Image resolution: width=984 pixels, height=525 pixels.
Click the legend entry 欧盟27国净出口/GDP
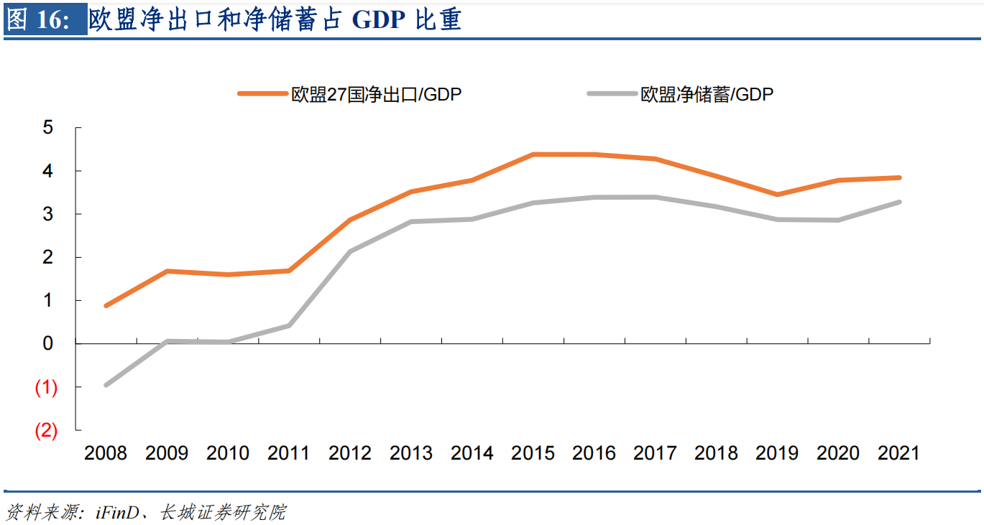pyautogui.click(x=376, y=95)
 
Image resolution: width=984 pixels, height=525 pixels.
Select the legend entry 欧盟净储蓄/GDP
pyautogui.click(x=707, y=95)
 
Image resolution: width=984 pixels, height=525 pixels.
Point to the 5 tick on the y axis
pyautogui.click(x=48, y=128)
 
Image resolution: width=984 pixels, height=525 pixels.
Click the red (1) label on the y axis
pyautogui.click(x=46, y=387)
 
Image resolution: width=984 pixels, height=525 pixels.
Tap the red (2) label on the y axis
pyautogui.click(x=46, y=430)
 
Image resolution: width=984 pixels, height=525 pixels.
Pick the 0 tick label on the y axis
pyautogui.click(x=48, y=343)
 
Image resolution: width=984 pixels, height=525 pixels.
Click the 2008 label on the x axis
pyautogui.click(x=106, y=453)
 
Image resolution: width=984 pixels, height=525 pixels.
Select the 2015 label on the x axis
pyautogui.click(x=533, y=453)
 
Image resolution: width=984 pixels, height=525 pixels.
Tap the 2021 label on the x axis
pyautogui.click(x=899, y=453)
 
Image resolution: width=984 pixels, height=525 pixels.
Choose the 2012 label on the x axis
pyautogui.click(x=350, y=453)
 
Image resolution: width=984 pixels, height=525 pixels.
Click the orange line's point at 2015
pyautogui.click(x=533, y=154)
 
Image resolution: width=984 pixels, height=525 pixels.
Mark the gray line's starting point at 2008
pyautogui.click(x=106, y=385)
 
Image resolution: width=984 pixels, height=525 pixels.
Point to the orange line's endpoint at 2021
pyautogui.click(x=899, y=177)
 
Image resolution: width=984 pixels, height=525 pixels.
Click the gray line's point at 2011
pyautogui.click(x=289, y=325)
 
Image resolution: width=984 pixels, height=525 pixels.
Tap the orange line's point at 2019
pyautogui.click(x=777, y=195)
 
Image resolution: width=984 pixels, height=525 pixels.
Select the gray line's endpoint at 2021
pyautogui.click(x=899, y=202)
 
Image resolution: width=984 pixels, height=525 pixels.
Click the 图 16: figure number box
pyautogui.click(x=45, y=20)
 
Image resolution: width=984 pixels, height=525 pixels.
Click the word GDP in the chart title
pyautogui.click(x=379, y=20)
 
